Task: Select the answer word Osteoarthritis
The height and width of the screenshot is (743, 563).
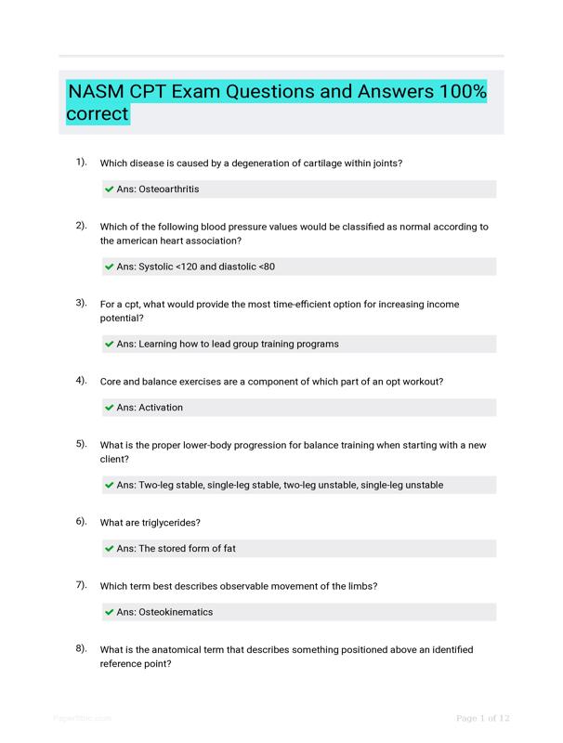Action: (168, 189)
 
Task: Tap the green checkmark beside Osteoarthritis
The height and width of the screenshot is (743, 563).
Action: (110, 189)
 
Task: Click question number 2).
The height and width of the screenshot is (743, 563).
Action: (81, 225)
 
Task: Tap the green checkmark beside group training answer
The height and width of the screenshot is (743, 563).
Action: (110, 344)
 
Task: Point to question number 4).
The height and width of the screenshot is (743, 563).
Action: (81, 380)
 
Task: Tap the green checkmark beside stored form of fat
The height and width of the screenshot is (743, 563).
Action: (110, 548)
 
